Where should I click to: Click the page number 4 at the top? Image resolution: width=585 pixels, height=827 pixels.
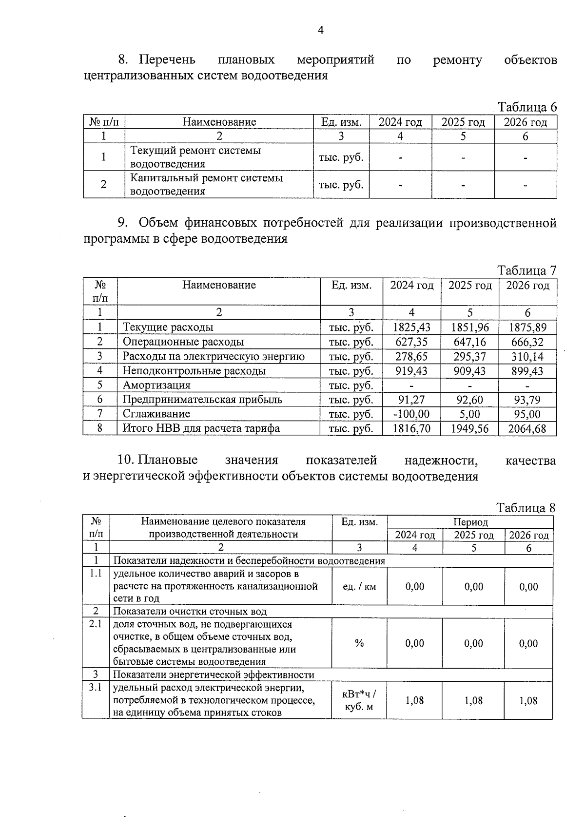coord(320,31)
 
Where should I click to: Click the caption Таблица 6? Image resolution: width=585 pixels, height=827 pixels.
coord(526,107)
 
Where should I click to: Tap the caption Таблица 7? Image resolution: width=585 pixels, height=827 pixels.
coord(526,270)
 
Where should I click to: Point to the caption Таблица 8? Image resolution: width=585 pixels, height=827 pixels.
coord(526,507)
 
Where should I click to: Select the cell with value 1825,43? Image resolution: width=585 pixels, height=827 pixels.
coord(411,327)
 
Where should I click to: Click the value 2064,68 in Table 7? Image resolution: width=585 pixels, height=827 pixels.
coord(527,429)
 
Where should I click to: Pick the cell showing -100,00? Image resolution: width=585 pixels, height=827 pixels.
coord(411,414)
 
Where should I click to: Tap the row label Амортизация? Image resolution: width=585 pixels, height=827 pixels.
coord(156,385)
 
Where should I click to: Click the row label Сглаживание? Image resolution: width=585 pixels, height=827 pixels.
coord(156,414)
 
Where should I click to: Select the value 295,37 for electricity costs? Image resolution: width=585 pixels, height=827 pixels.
coord(469,357)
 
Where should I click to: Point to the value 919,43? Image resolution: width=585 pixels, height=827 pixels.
coord(411,371)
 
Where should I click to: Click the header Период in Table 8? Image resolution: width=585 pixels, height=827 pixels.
coord(470,522)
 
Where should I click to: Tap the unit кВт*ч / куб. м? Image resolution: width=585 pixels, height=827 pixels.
coord(359,700)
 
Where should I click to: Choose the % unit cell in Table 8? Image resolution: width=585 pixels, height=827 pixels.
coord(359,643)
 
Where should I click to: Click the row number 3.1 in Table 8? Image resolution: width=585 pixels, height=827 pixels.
coord(96,688)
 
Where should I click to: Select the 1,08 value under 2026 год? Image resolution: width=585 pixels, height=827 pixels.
coord(528,701)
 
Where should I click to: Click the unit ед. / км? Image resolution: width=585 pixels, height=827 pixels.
coord(359,587)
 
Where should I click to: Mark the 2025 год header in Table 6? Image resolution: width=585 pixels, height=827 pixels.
coord(463,122)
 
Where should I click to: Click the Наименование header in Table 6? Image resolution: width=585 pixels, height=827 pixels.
coord(219,122)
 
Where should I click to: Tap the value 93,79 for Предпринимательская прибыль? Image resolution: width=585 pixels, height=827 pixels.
coord(527,400)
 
